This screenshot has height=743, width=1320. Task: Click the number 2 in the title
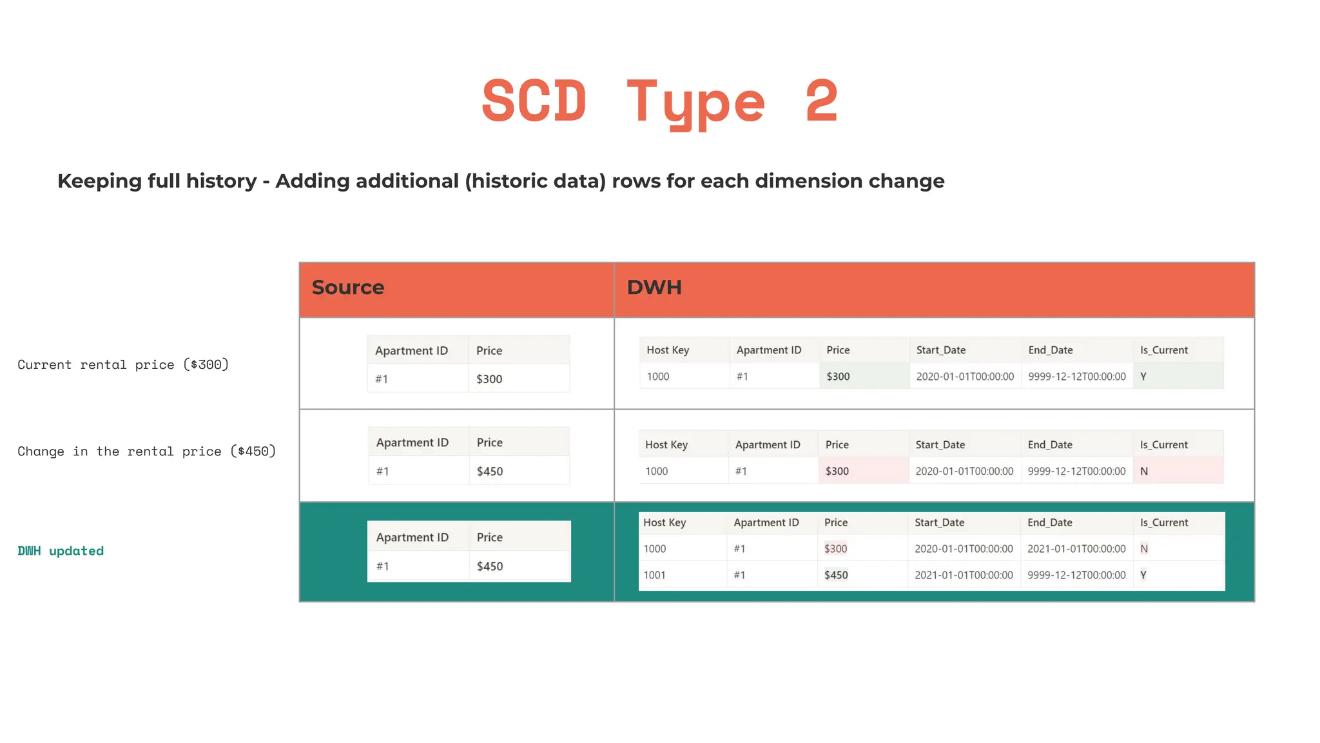tap(822, 101)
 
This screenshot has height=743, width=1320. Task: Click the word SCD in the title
tap(534, 101)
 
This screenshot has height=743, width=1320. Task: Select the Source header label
tap(348, 288)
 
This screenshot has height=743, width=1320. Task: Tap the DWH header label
tap(654, 288)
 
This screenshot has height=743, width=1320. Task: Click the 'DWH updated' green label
tap(61, 551)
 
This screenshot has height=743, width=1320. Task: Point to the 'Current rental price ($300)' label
tap(123, 364)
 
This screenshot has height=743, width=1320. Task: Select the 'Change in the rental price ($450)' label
tap(146, 451)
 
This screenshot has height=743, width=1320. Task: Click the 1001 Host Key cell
tap(654, 575)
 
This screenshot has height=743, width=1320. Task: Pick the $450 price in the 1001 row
tap(836, 575)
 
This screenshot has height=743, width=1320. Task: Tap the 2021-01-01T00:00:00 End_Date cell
tap(1076, 549)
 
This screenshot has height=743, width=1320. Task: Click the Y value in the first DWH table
tap(1143, 377)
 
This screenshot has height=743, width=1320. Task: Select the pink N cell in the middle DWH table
tap(1144, 471)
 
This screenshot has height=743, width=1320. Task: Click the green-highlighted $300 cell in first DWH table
tap(839, 377)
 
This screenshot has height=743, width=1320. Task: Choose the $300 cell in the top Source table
tap(489, 379)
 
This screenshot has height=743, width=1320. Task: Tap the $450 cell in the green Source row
tap(490, 566)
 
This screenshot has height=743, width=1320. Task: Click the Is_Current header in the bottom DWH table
tap(1163, 522)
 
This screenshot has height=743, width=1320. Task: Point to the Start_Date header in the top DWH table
tap(941, 350)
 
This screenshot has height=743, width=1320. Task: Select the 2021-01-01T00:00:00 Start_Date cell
tap(964, 575)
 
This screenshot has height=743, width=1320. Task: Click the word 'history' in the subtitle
tap(221, 181)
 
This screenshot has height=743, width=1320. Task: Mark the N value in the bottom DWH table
tap(1144, 549)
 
